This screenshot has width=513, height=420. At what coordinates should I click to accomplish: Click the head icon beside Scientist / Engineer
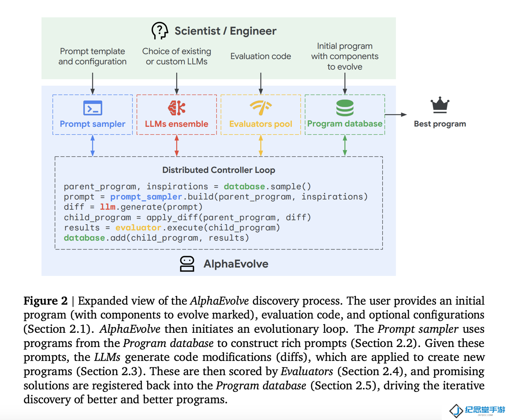(x=160, y=31)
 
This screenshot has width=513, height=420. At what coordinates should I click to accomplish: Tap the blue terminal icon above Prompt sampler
(x=92, y=108)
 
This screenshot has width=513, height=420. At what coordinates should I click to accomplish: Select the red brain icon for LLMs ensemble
(x=177, y=108)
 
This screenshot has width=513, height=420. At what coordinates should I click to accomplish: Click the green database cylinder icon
(x=345, y=108)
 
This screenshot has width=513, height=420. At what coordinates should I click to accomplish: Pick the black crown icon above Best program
(x=440, y=105)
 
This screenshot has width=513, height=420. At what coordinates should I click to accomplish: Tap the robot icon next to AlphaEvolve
(x=187, y=264)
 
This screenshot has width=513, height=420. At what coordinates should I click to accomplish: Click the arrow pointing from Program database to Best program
(x=396, y=115)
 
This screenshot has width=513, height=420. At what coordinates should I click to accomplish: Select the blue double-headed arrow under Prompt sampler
(x=92, y=145)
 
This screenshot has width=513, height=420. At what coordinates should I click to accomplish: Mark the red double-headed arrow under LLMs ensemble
(x=177, y=145)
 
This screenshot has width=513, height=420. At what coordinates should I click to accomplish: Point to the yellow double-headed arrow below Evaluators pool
(x=260, y=145)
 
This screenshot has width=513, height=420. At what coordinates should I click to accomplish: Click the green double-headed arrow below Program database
(x=345, y=145)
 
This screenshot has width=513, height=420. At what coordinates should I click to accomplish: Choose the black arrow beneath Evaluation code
(x=260, y=83)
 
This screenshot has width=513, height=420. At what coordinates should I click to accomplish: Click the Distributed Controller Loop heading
(x=218, y=170)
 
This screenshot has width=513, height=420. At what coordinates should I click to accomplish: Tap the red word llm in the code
(x=108, y=207)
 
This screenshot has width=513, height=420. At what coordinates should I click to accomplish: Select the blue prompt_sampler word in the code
(x=146, y=196)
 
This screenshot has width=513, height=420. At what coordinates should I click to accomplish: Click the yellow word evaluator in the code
(x=138, y=227)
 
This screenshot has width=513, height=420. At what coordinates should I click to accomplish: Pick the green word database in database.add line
(x=84, y=238)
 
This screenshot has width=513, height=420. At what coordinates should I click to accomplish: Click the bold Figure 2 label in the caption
(x=45, y=301)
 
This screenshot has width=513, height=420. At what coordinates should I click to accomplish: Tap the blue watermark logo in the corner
(x=477, y=410)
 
